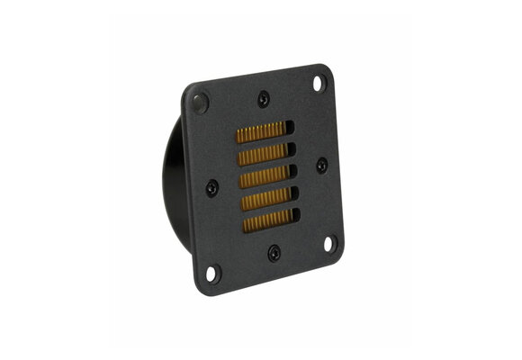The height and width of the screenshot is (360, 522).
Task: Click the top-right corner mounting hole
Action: point(319,84)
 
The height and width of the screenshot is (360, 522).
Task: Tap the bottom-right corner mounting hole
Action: point(330,244)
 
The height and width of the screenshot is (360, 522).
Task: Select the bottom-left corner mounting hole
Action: point(212,273)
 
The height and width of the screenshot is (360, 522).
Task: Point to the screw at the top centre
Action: point(263,100)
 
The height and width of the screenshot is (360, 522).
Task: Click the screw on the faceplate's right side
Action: point(322,166)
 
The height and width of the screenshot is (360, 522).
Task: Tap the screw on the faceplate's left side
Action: point(211,188)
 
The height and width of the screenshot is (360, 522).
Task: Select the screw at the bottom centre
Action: point(274,252)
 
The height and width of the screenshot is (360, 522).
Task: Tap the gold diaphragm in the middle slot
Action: point(262,175)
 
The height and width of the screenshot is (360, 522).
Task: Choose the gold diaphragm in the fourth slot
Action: point(265,197)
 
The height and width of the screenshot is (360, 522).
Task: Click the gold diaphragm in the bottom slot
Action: point(267,220)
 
